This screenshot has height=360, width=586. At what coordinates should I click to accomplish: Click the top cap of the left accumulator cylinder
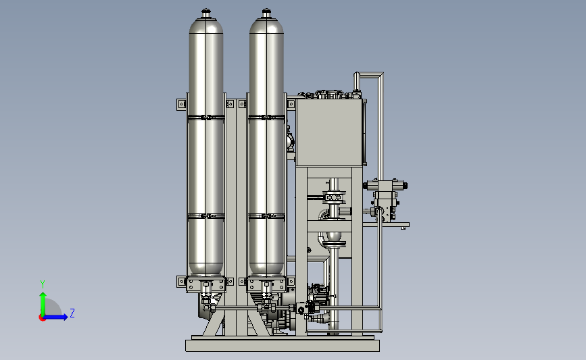[x=206, y=14]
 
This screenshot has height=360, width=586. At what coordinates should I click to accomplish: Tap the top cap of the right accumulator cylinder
[x=266, y=14]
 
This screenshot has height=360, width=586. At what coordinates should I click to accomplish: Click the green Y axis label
[x=43, y=284]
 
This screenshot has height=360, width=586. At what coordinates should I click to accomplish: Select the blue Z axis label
[x=72, y=313]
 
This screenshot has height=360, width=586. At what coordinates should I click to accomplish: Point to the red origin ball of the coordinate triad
[x=42, y=318]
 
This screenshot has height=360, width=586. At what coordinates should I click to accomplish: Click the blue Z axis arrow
[x=55, y=317]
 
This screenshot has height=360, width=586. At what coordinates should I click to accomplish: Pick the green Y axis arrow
[x=43, y=305]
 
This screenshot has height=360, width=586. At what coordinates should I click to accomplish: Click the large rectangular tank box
[x=329, y=132]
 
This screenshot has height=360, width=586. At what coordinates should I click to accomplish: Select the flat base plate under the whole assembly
[x=283, y=345]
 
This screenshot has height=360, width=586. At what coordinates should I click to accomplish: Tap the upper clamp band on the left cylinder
[x=206, y=118]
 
